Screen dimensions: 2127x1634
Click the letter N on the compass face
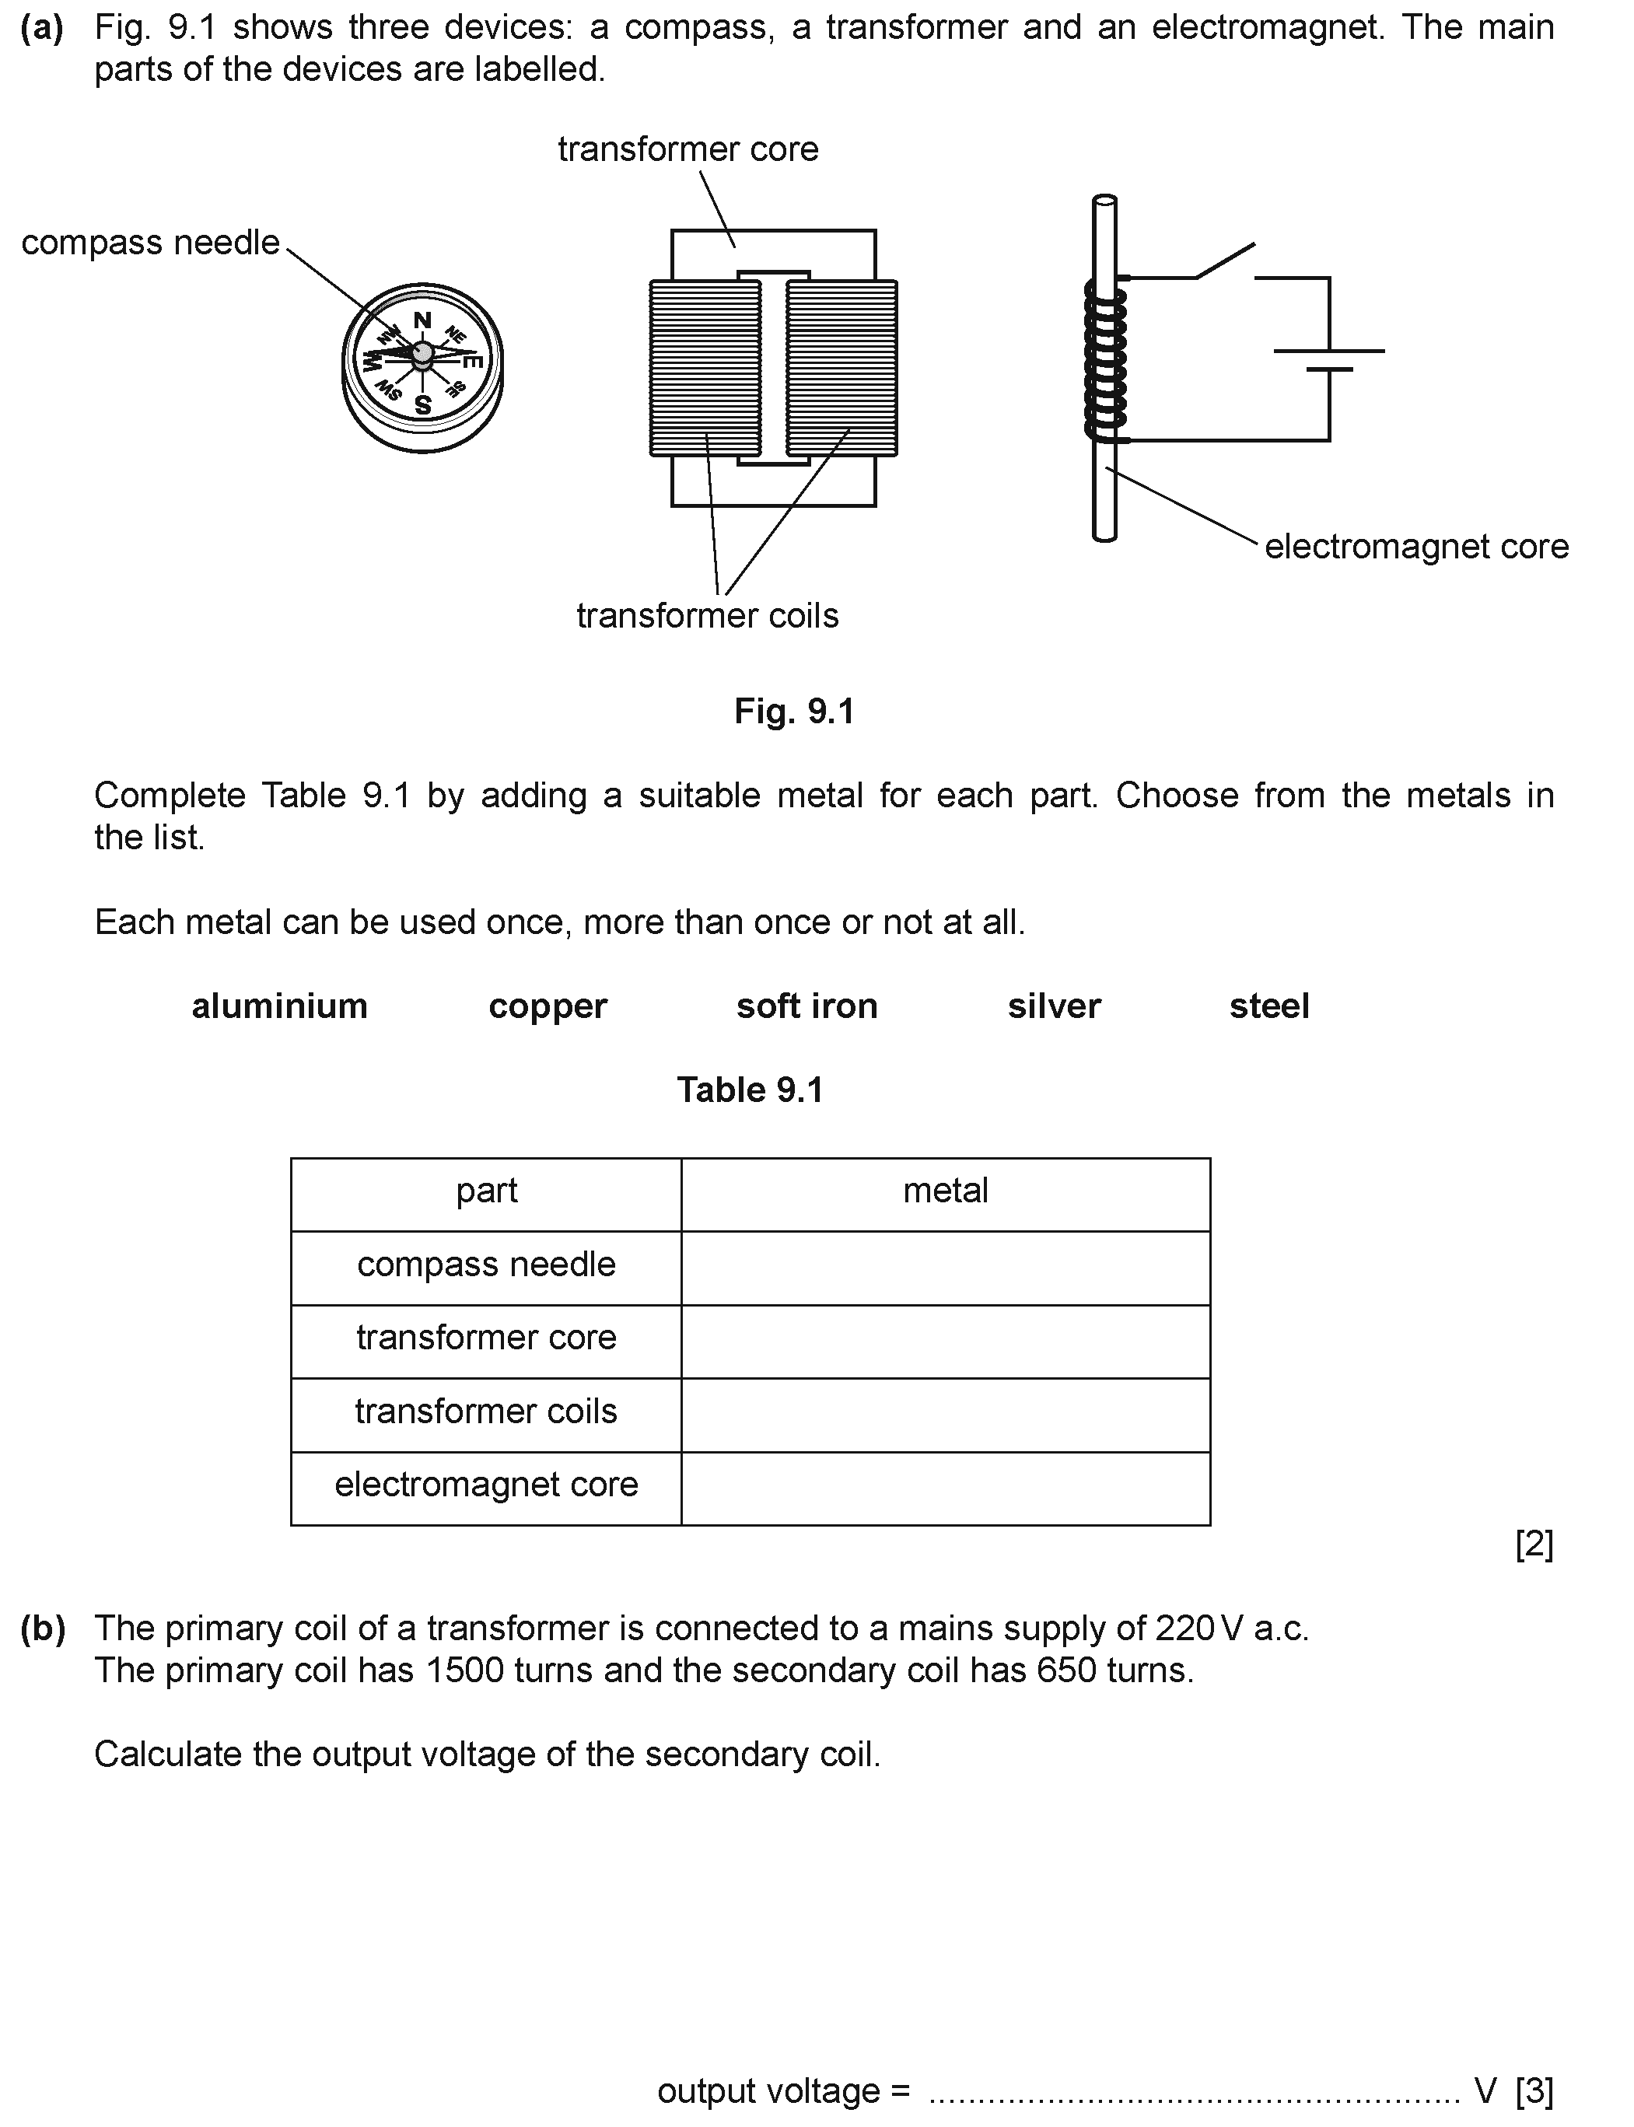pos(422,321)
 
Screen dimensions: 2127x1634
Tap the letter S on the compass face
pos(423,404)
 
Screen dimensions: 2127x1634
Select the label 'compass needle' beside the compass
pos(151,242)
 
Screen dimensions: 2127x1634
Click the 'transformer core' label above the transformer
pos(688,149)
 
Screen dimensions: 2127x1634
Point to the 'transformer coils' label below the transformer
pos(707,616)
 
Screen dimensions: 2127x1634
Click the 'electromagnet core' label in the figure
pos(1416,547)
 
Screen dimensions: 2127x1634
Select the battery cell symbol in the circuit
pos(1328,360)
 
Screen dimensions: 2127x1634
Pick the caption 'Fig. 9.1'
pos(793,711)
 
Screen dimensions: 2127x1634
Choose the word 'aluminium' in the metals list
pos(279,1006)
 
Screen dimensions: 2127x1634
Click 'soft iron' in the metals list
pos(807,1006)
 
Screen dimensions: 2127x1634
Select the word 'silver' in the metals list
pos(1053,1006)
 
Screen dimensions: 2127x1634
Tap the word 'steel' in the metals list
pos(1268,1006)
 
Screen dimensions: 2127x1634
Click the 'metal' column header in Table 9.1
pos(946,1191)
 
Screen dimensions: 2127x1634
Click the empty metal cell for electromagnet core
pos(946,1488)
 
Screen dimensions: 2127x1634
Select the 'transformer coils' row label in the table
pos(485,1412)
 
